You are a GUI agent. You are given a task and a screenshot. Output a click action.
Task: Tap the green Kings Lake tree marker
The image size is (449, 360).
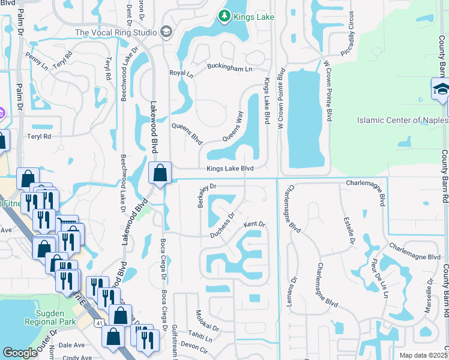tap(224, 15)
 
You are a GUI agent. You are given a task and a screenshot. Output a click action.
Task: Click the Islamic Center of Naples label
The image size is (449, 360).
tap(402, 120)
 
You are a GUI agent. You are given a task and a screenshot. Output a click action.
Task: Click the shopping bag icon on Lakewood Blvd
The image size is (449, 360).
tap(160, 173)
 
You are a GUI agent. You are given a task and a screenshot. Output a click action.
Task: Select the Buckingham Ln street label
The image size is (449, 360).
tap(231, 68)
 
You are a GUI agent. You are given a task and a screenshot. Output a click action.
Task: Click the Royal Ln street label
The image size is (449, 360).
tap(182, 74)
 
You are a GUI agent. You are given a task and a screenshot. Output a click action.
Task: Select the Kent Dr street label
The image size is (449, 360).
tap(254, 224)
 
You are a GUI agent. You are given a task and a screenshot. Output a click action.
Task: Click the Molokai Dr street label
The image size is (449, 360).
tap(206, 322)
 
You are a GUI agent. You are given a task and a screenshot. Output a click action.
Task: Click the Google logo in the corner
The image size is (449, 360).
tap(20, 353)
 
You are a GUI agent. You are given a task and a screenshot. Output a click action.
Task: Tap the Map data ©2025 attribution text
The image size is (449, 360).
tap(423, 355)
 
